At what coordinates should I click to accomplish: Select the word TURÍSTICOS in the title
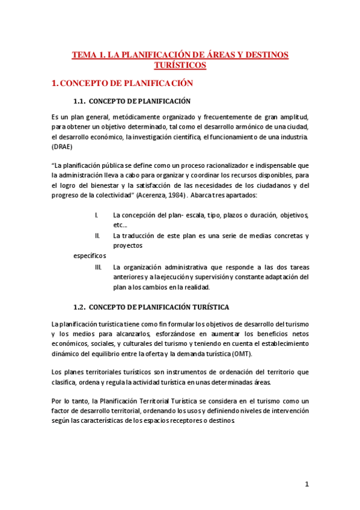coord(180,65)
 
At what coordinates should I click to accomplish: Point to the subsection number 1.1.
coord(82,101)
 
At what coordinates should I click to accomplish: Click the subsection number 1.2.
coord(82,307)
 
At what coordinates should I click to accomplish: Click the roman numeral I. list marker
coord(97,215)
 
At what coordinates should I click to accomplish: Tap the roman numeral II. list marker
coord(97,236)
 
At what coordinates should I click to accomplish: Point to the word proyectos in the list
coord(128,246)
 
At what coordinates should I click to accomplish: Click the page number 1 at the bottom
coord(307,484)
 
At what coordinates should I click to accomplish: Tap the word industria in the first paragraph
coord(292,137)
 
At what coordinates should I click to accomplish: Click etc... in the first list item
coord(120,225)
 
